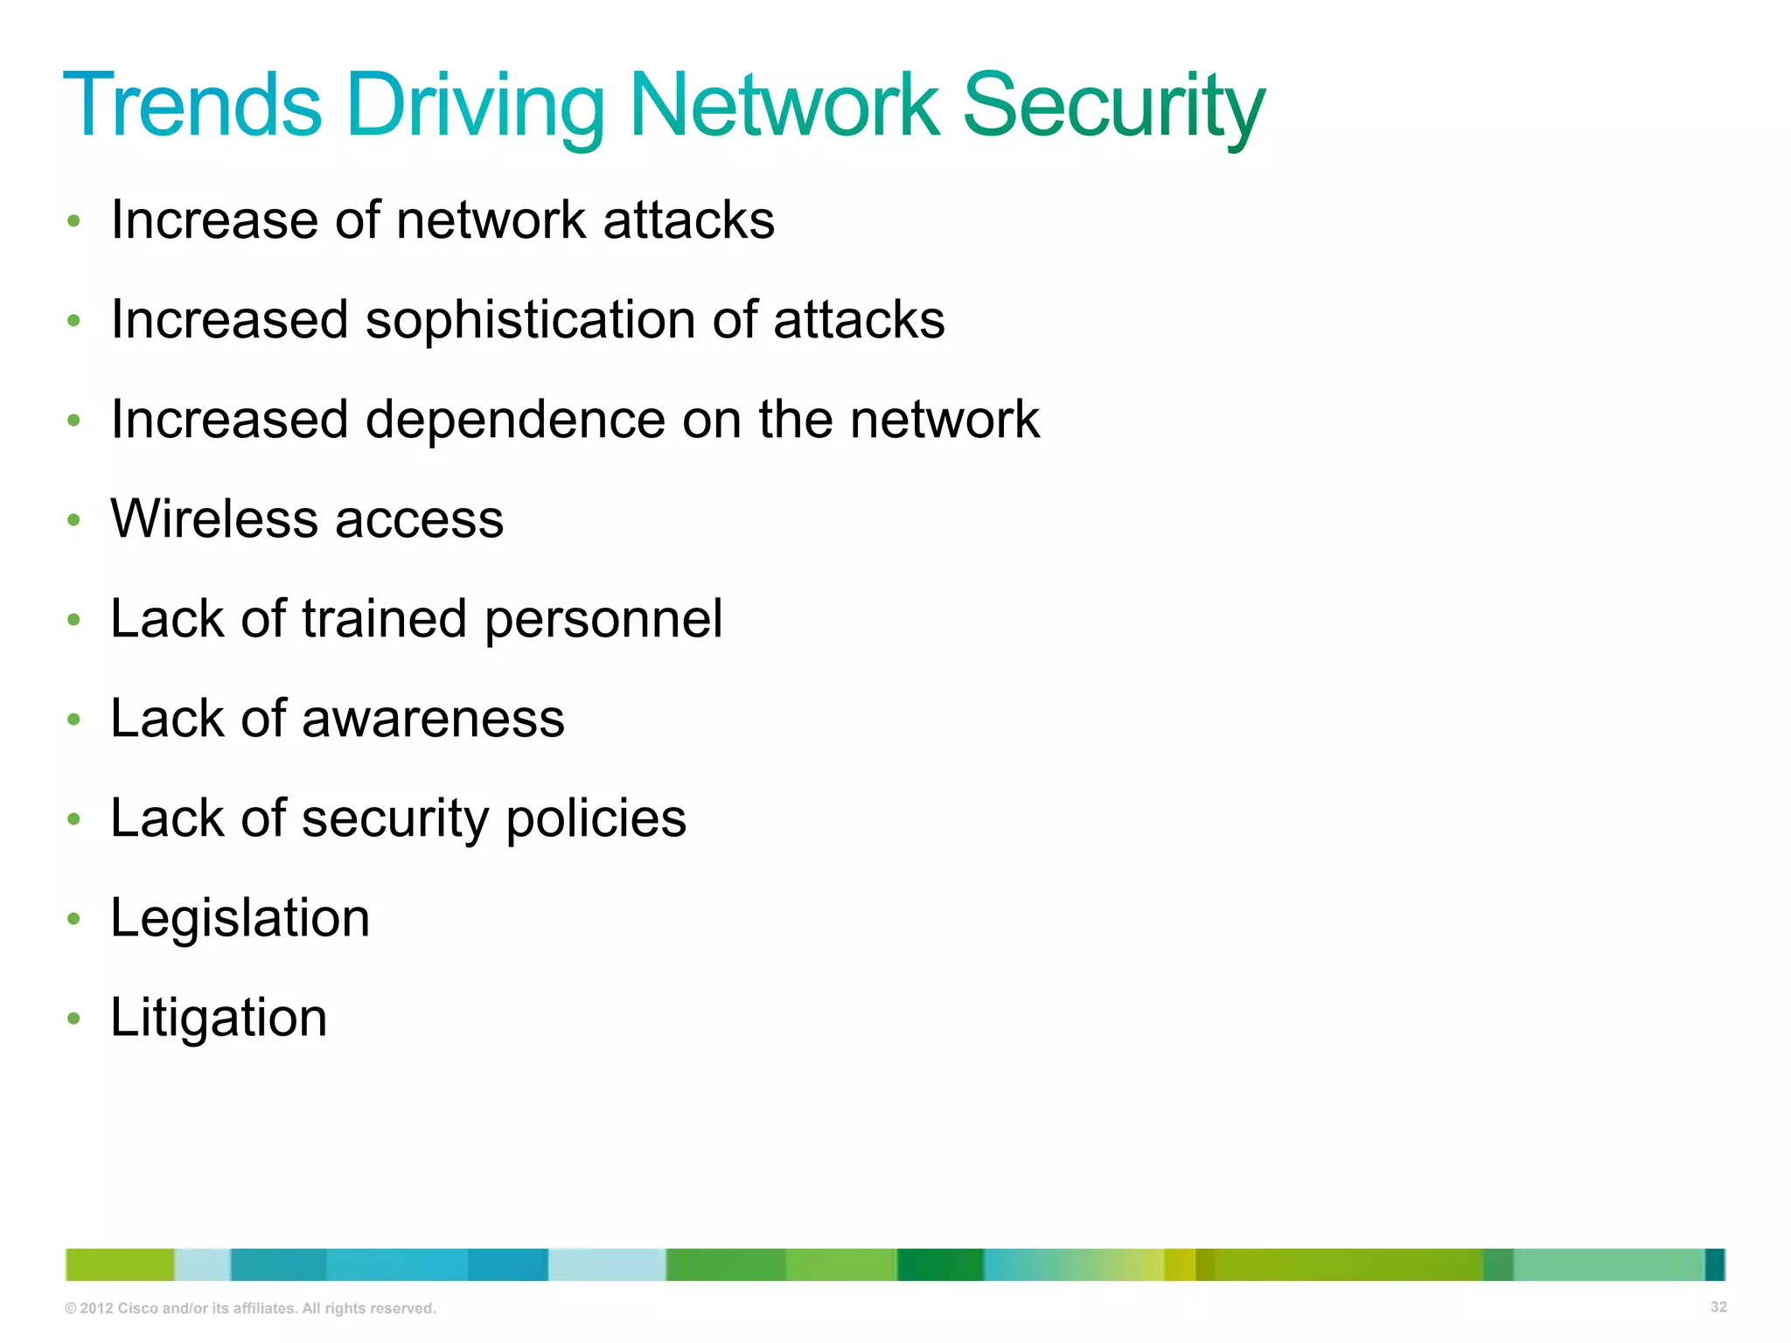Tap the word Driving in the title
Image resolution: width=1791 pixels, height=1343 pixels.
(475, 107)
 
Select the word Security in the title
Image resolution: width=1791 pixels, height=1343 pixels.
(1113, 107)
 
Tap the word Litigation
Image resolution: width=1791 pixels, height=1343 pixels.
(219, 1019)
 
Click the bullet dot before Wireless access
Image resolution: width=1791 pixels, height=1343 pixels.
(74, 520)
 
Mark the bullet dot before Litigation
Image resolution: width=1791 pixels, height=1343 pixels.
(74, 1019)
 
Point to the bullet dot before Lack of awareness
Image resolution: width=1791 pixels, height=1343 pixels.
(74, 720)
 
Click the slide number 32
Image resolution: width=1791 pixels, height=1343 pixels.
(1718, 1307)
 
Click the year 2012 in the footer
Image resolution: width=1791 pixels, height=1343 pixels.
(96, 1309)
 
